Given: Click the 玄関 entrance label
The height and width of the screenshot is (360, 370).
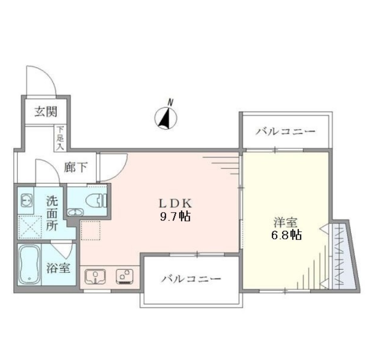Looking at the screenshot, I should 45,112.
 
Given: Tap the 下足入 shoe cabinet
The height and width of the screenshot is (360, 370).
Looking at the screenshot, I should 60,138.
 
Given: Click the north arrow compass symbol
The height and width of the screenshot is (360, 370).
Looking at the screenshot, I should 166,118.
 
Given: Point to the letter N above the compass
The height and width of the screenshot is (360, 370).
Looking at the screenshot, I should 170,102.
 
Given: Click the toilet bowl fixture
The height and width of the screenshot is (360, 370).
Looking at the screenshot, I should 97,200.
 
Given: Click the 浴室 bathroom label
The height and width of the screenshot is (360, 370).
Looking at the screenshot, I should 59,268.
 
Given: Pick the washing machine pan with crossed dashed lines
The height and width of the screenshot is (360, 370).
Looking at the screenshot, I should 30,227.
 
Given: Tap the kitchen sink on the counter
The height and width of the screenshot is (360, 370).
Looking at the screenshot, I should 95,276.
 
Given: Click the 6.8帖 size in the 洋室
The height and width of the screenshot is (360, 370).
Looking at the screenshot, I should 286,235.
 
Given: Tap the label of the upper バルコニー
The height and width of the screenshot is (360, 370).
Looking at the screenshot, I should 286,131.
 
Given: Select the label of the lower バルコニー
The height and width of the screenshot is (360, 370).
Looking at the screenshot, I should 191,278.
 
